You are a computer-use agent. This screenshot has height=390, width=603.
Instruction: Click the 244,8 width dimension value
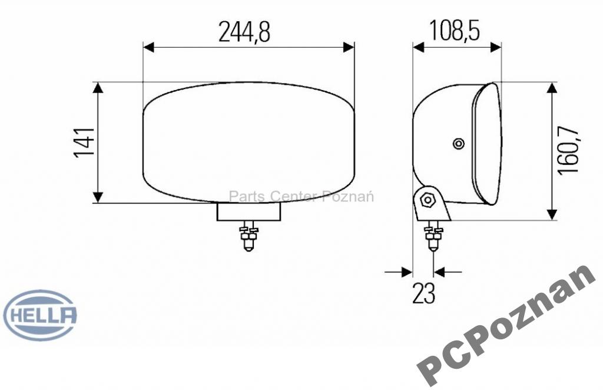(x=244, y=32)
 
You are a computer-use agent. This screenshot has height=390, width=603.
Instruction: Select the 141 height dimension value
(x=84, y=143)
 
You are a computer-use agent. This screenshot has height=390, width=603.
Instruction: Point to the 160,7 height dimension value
(x=568, y=151)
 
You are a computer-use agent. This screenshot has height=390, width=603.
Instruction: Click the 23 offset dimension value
(x=424, y=293)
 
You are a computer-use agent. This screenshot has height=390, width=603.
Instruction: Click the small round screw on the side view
(x=458, y=143)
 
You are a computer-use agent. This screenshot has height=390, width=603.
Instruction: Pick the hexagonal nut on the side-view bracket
(x=428, y=199)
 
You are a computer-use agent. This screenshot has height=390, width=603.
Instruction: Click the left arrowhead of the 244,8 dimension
(x=148, y=47)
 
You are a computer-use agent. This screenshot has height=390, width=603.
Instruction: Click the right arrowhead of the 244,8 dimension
(x=349, y=47)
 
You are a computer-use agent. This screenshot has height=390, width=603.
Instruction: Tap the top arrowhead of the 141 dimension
(x=98, y=88)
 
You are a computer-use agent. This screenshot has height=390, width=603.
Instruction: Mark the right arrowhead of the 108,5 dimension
(x=496, y=47)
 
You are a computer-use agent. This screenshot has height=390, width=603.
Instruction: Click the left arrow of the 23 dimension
(x=406, y=272)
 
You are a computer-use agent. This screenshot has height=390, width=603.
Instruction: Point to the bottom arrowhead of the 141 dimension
(x=98, y=197)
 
